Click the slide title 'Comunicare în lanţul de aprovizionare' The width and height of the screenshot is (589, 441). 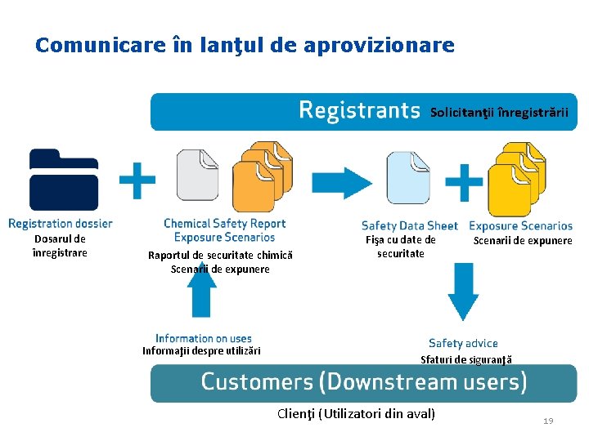(245, 45)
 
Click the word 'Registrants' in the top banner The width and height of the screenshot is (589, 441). (359, 110)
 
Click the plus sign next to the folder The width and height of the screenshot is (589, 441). (138, 180)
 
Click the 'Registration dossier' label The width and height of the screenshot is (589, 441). (61, 223)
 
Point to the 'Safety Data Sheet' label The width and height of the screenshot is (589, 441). (409, 225)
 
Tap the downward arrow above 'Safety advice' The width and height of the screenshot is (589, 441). (463, 292)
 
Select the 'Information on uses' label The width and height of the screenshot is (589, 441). (204, 338)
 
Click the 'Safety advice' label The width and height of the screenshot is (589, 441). (463, 344)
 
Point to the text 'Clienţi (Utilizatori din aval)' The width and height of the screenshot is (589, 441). (357, 413)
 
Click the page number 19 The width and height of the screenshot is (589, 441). (548, 421)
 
